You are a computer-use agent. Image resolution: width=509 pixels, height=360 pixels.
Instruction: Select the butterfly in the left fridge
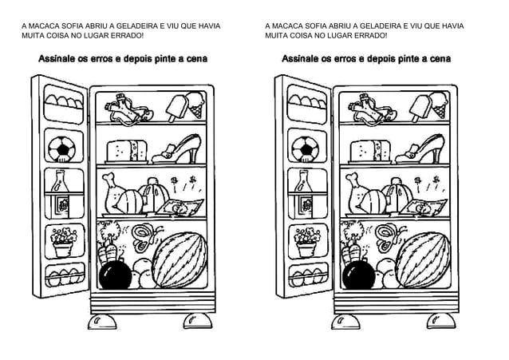click(x=144, y=235)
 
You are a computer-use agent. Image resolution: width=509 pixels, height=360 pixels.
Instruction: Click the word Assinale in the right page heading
click(x=300, y=59)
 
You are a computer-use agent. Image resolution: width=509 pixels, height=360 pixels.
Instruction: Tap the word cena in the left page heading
click(x=196, y=59)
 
